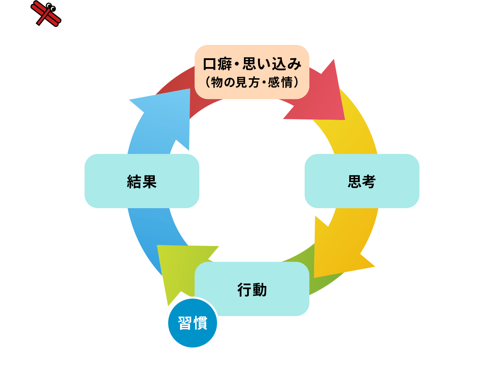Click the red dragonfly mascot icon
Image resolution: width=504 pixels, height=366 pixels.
(x=46, y=13)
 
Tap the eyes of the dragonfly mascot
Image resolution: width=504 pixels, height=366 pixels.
(x=51, y=6)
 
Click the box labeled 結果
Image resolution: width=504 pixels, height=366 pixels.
(x=142, y=181)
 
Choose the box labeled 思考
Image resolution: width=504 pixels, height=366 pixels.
(x=362, y=181)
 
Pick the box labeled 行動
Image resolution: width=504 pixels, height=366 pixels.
(x=252, y=289)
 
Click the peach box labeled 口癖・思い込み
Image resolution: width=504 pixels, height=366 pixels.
(x=252, y=72)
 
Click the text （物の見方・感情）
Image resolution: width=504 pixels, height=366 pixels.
(x=252, y=82)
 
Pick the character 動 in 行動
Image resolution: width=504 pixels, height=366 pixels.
(x=260, y=290)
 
